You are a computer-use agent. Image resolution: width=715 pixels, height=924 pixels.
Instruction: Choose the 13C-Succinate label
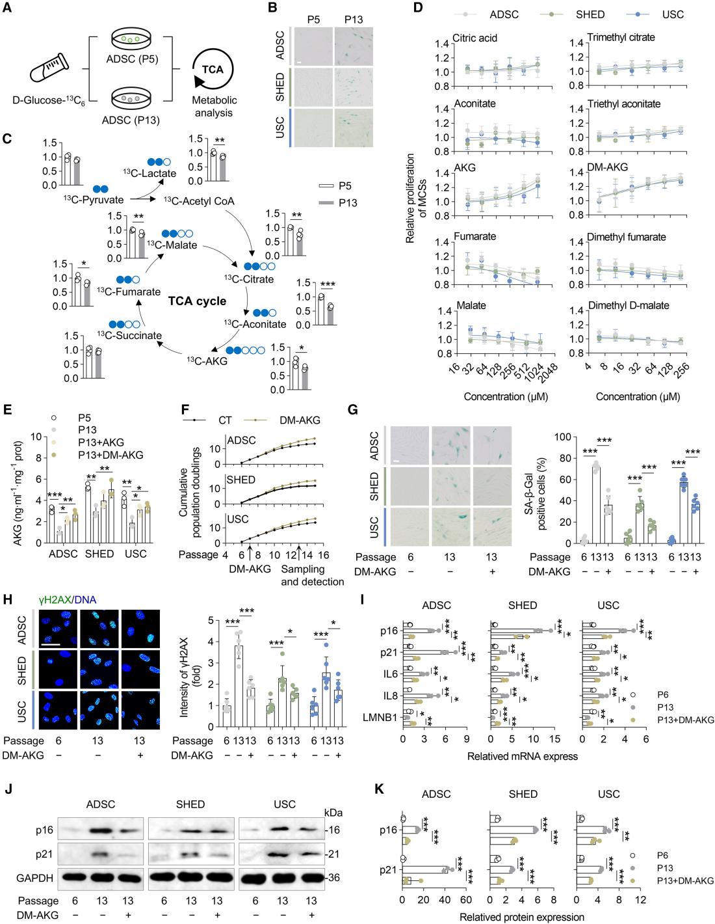[129, 334]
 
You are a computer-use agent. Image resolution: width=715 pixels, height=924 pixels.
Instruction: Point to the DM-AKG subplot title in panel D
[607, 170]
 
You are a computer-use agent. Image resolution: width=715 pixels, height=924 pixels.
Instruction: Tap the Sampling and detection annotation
[312, 575]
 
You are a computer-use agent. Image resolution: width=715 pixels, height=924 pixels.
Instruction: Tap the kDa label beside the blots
[333, 812]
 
